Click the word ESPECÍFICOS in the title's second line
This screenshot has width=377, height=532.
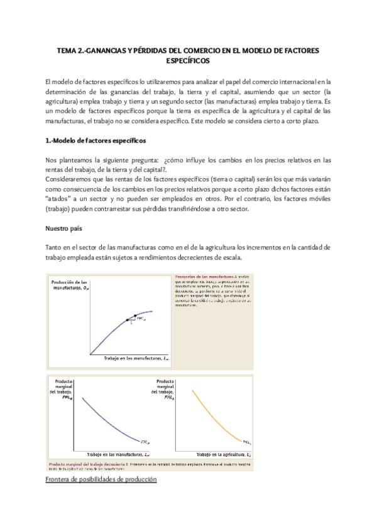188,61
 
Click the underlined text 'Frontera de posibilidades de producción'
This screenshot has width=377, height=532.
101,479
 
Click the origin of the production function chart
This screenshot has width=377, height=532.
90,353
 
